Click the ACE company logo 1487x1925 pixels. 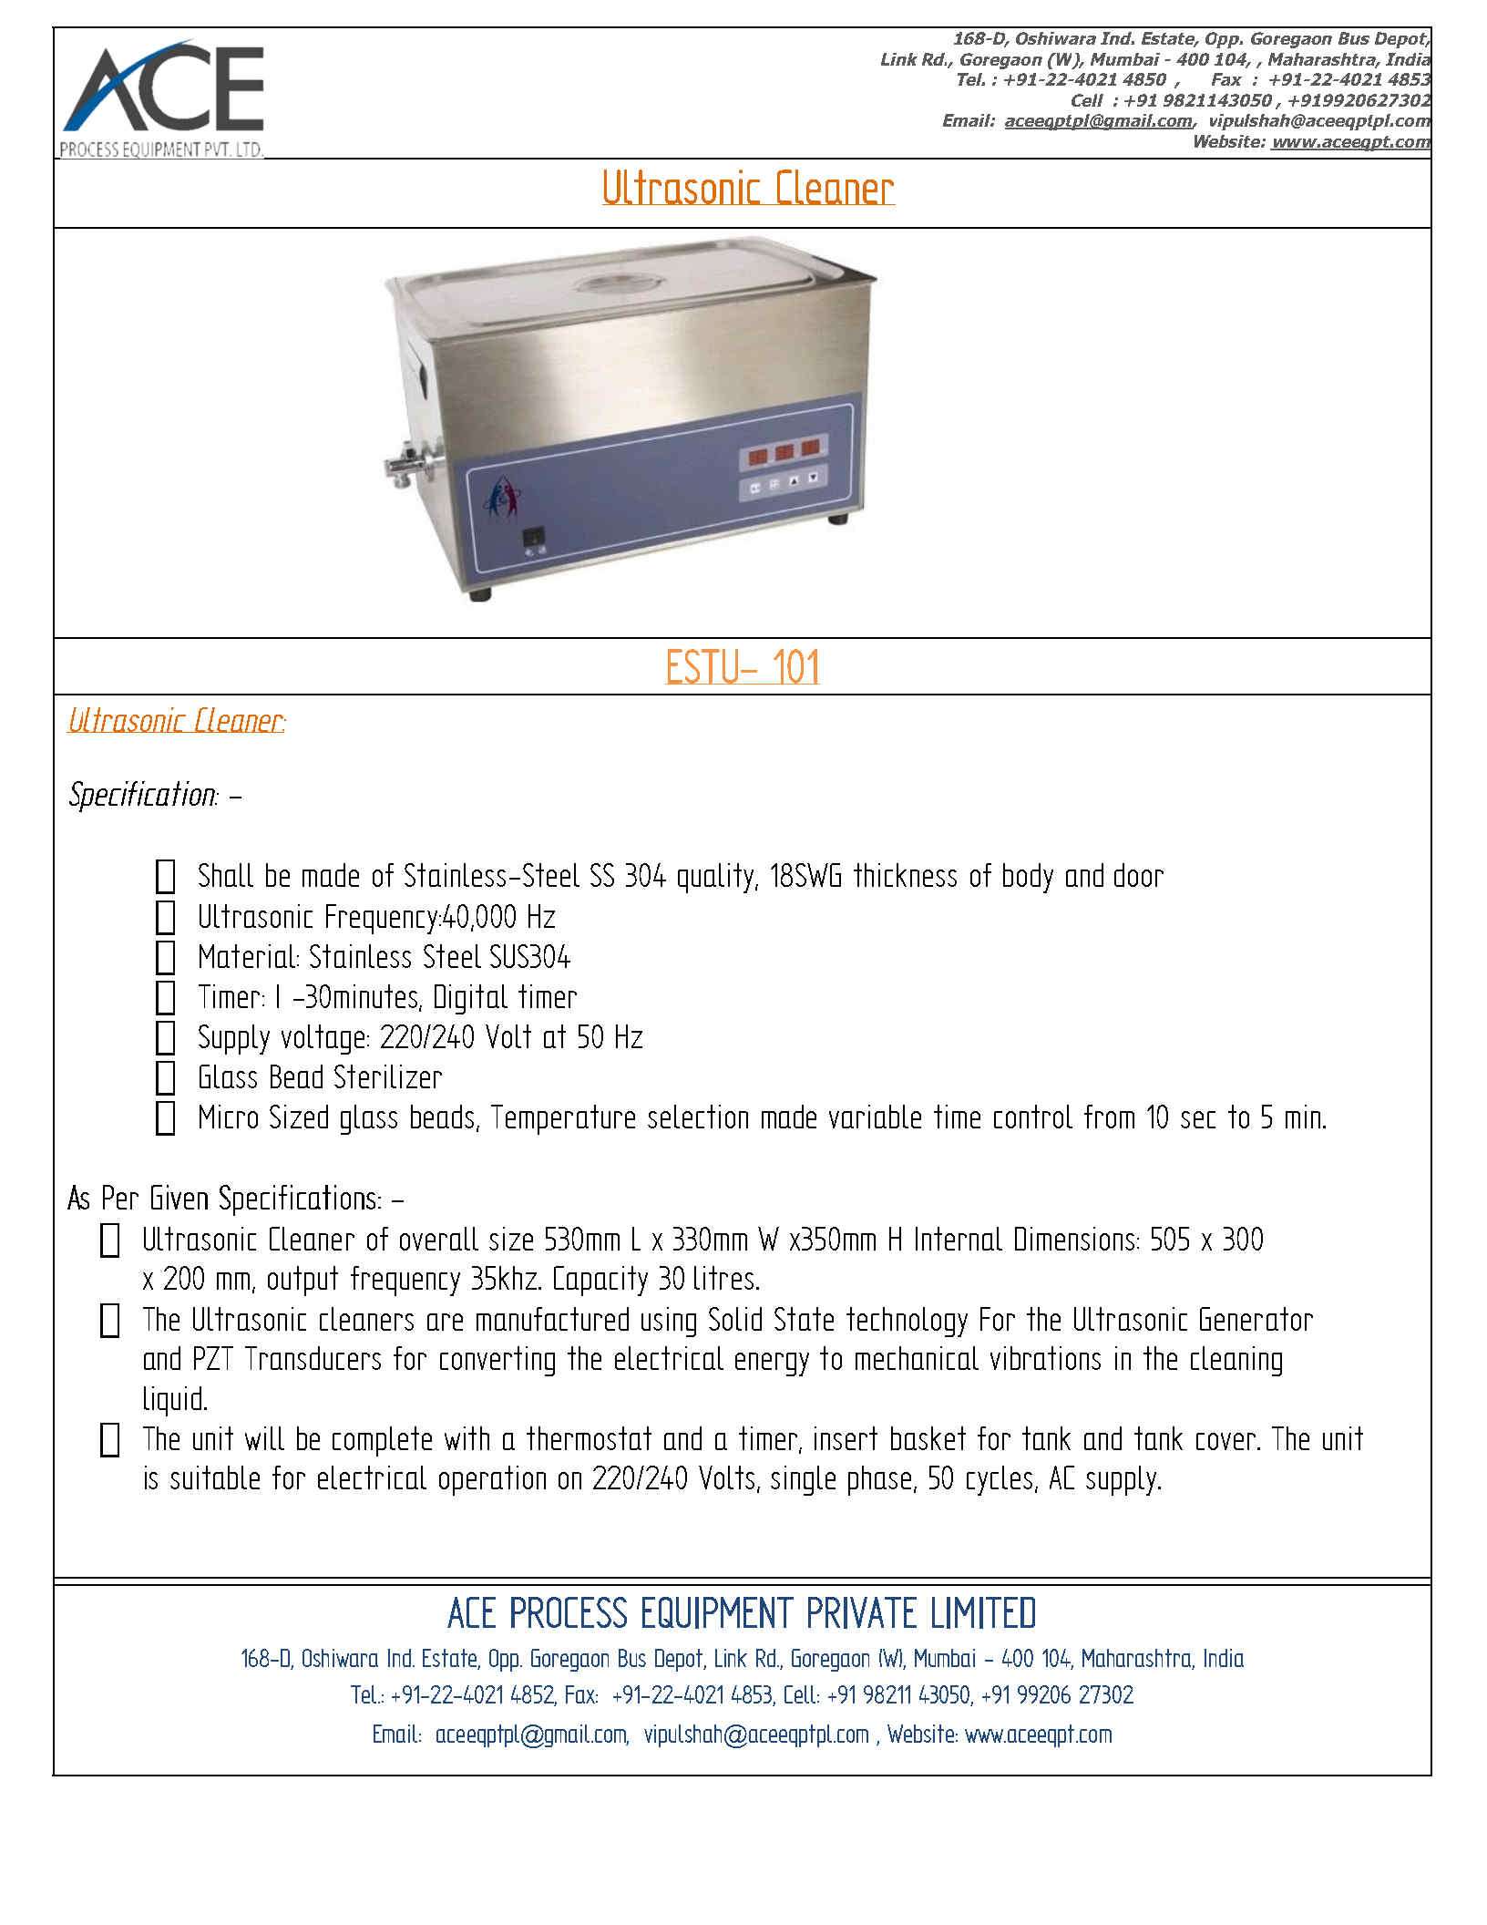pos(162,98)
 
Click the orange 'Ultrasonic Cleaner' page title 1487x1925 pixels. pos(747,190)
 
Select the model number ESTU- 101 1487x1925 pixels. pos(743,668)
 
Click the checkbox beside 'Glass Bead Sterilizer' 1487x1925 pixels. pos(165,1078)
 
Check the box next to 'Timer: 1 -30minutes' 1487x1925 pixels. pos(165,998)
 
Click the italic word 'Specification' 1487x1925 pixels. pos(142,795)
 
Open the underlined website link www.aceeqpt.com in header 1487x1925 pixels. pos(1350,142)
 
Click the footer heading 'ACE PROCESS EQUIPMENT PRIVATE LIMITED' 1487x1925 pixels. pos(742,1614)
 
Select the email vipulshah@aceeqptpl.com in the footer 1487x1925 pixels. pos(756,1735)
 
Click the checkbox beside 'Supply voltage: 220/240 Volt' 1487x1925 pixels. pos(165,1038)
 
